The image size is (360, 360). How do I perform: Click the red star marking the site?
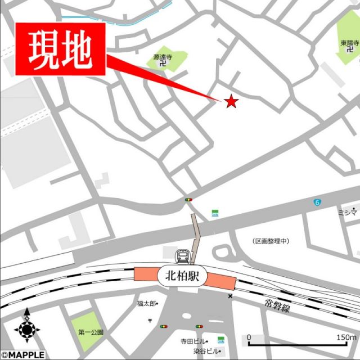click(x=231, y=101)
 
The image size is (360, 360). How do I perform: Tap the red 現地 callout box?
click(x=61, y=50)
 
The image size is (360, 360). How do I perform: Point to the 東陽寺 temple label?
click(x=349, y=43)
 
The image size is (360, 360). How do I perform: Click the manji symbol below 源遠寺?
click(x=163, y=64)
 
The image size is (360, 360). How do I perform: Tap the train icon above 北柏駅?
click(x=183, y=256)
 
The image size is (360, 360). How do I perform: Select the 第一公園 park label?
click(x=91, y=332)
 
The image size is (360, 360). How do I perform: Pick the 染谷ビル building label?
click(x=206, y=350)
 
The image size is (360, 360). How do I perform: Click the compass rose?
click(x=26, y=327)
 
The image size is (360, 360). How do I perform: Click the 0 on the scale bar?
click(x=249, y=337)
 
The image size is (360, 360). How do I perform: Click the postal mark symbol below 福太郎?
click(x=150, y=320)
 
